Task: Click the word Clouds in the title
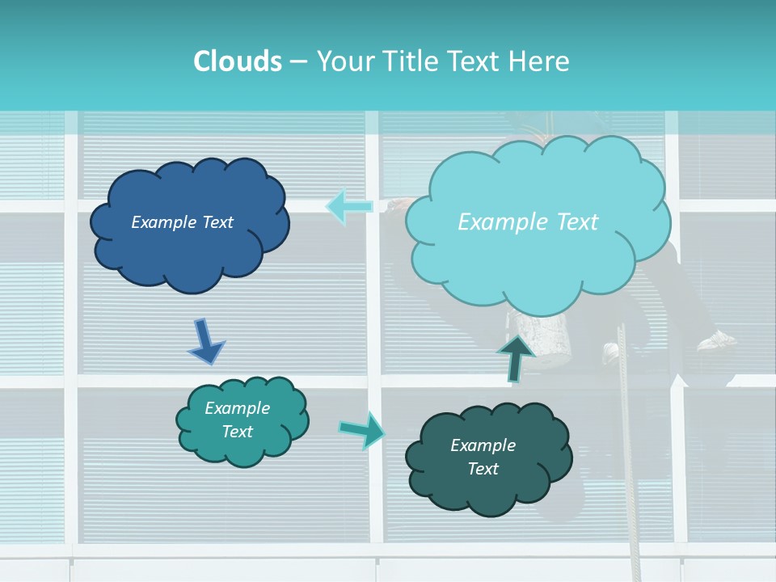click(x=237, y=61)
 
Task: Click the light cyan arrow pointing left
click(x=349, y=206)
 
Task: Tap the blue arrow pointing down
click(x=206, y=341)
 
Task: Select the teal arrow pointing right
click(x=361, y=429)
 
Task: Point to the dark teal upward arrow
click(x=515, y=358)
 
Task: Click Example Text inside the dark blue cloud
click(x=182, y=222)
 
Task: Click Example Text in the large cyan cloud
click(x=528, y=222)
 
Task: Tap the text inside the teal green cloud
click(x=238, y=420)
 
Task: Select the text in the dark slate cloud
click(x=483, y=457)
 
